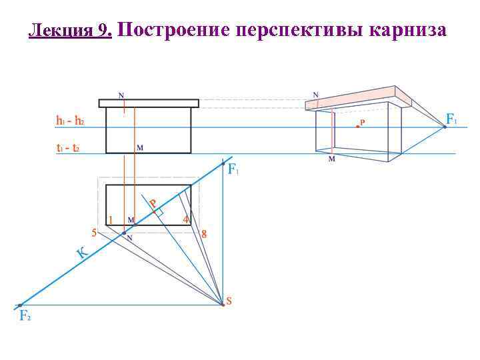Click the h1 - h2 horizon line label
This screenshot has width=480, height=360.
coord(70,121)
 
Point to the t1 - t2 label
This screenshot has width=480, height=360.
coord(68,149)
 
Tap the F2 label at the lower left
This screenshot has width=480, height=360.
coord(25,315)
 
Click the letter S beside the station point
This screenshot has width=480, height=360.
coord(229,301)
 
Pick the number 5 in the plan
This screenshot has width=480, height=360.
coord(94,232)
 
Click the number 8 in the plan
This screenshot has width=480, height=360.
coord(203,233)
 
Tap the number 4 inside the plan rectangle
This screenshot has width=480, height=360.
coord(185,219)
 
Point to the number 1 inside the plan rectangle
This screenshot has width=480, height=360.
coord(111,219)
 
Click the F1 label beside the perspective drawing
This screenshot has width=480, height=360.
coord(452,120)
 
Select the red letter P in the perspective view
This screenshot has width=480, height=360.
coord(363,123)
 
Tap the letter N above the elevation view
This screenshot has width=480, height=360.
coord(121,95)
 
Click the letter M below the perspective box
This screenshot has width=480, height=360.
coord(331,159)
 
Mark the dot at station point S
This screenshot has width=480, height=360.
coord(223,304)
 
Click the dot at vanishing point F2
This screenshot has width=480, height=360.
coord(20,305)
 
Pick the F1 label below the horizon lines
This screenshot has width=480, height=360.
coord(233,170)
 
